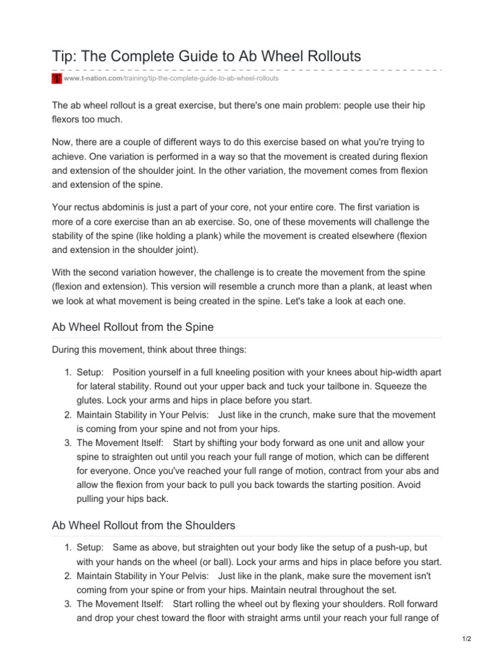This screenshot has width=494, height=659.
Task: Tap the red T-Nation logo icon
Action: point(57,79)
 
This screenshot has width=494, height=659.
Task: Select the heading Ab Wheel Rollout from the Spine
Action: point(133,328)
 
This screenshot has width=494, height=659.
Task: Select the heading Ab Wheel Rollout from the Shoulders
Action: point(143,525)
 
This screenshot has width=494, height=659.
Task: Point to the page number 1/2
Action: point(466,638)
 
